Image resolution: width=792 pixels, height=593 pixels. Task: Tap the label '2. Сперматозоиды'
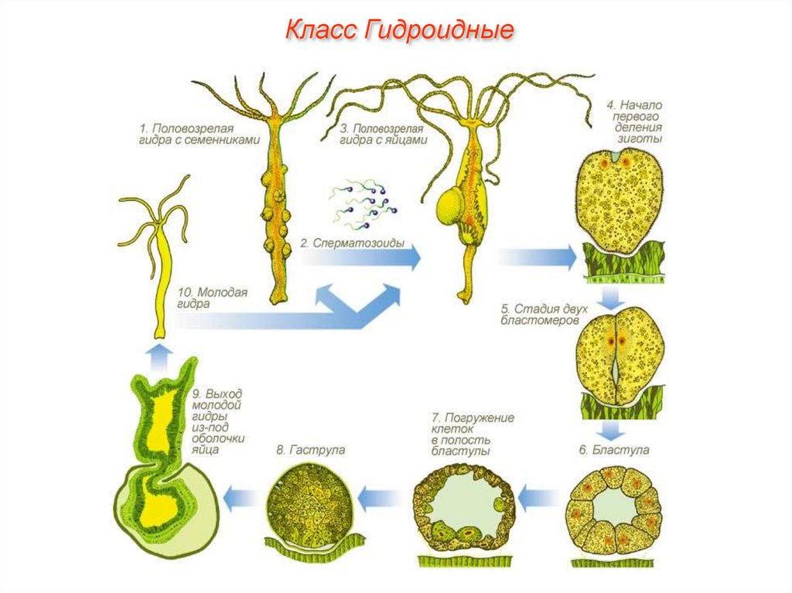click(x=341, y=242)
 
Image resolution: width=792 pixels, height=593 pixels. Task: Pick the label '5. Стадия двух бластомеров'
click(x=544, y=314)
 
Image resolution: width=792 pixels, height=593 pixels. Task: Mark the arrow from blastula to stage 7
click(x=540, y=497)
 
